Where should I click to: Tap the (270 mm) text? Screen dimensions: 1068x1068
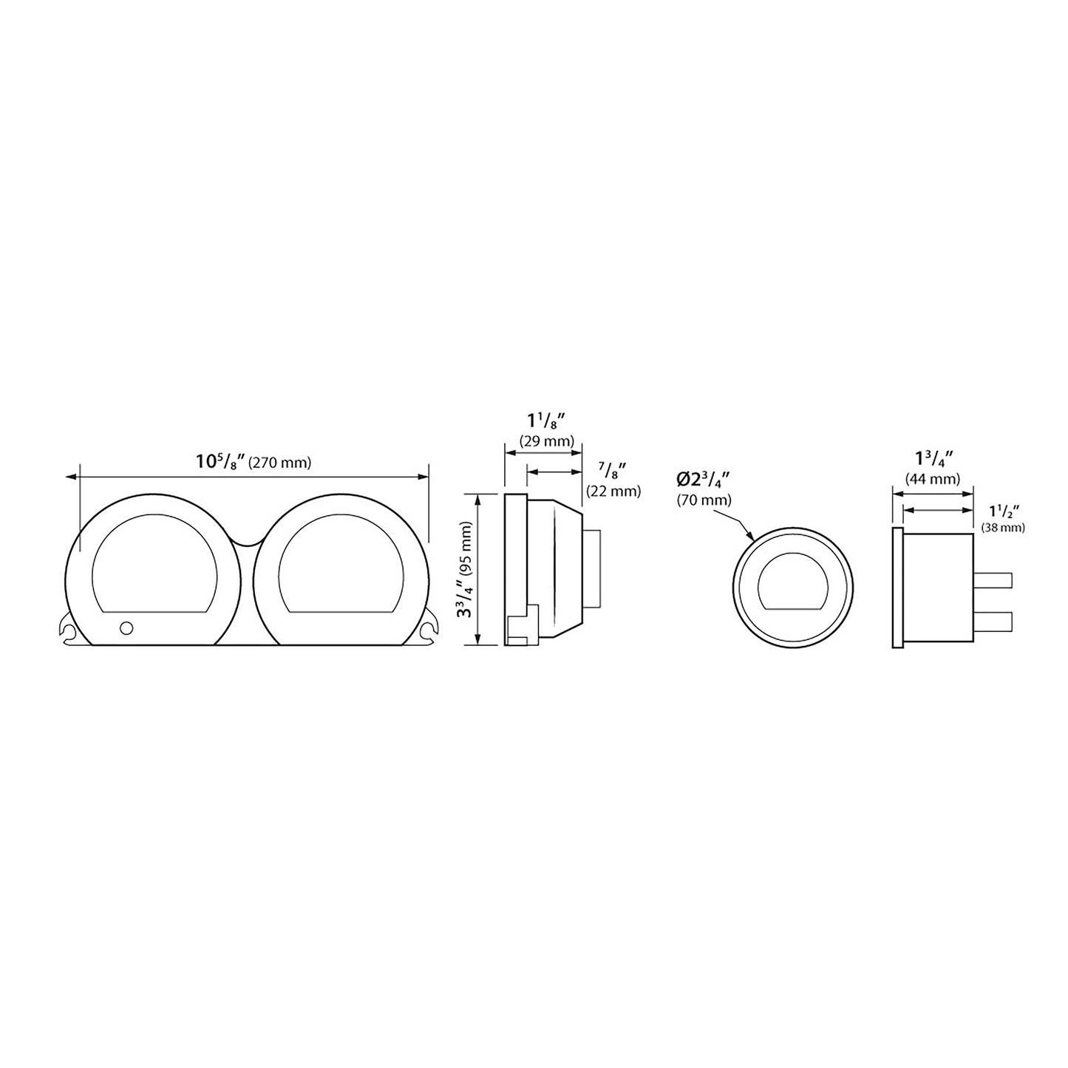click(280, 462)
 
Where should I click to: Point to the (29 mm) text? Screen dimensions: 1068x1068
click(545, 441)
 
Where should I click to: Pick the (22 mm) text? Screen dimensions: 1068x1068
click(613, 491)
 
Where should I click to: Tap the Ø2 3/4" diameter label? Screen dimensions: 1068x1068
click(704, 480)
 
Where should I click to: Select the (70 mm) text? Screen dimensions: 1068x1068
click(704, 500)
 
